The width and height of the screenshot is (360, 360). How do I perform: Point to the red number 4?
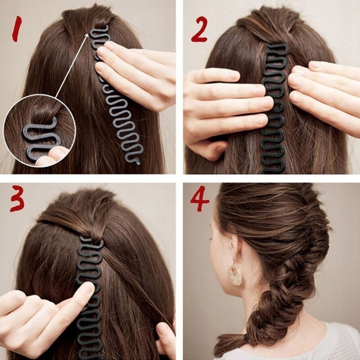(x=199, y=199)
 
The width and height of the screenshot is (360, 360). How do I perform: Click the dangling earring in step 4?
(x=234, y=274)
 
